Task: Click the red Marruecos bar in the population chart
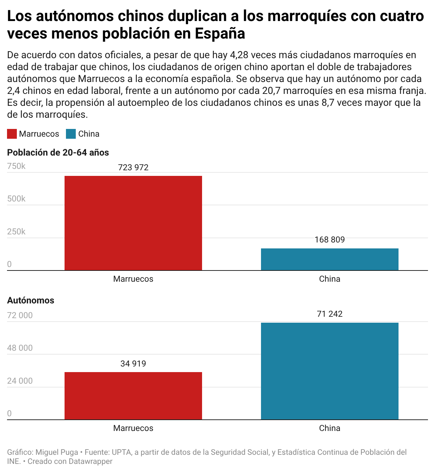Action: (133, 223)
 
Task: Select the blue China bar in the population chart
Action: (330, 259)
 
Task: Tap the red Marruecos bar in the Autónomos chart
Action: (133, 396)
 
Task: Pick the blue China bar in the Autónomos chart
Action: (330, 371)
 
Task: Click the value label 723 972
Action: (133, 167)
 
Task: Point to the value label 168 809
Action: (330, 240)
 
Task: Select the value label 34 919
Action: (133, 364)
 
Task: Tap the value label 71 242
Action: (330, 314)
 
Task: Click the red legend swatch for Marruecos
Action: (12, 134)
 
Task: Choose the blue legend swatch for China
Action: (71, 134)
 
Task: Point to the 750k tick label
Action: (16, 166)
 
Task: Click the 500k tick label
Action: (16, 199)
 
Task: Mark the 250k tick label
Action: (16, 232)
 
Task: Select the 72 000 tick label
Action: (20, 315)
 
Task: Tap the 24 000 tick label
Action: (20, 381)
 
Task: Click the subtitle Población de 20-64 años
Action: (58, 152)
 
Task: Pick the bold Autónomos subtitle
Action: (31, 300)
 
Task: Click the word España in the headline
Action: (220, 34)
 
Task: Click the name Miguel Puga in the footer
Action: (57, 452)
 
